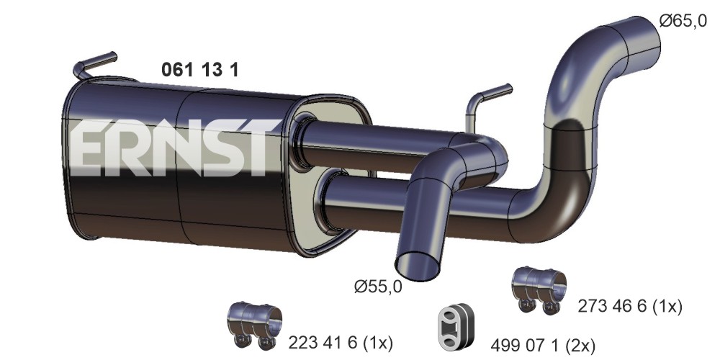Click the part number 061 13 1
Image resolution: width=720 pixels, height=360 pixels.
point(200,70)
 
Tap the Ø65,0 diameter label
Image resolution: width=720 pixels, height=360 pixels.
point(683,21)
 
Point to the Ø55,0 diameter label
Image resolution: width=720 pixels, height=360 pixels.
point(379,287)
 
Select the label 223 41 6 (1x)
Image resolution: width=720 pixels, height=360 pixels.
point(341,342)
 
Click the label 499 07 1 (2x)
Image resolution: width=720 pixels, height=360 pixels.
point(543,344)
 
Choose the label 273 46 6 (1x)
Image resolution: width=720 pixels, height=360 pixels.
point(630,306)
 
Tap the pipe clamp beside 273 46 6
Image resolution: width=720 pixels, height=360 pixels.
point(539,290)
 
